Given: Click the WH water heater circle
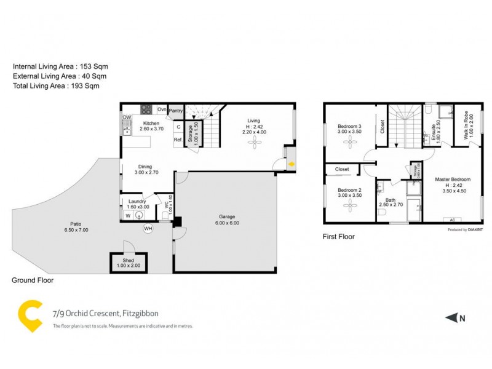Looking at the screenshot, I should pyautogui.click(x=148, y=228).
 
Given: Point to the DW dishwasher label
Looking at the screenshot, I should pyautogui.click(x=127, y=117).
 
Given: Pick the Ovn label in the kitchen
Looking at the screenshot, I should pyautogui.click(x=162, y=109).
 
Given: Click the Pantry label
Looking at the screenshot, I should pyautogui.click(x=176, y=111).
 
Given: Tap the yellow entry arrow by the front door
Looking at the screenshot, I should pyautogui.click(x=292, y=164).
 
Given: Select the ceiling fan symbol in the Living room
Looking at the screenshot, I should pyautogui.click(x=254, y=143).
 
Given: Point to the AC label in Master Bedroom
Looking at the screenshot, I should pyautogui.click(x=453, y=220).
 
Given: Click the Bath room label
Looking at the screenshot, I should pyautogui.click(x=391, y=200).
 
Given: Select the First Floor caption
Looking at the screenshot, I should pyautogui.click(x=339, y=236).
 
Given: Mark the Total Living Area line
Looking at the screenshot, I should pyautogui.click(x=56, y=86).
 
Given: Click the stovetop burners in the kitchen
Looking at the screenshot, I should pyautogui.click(x=147, y=110).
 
